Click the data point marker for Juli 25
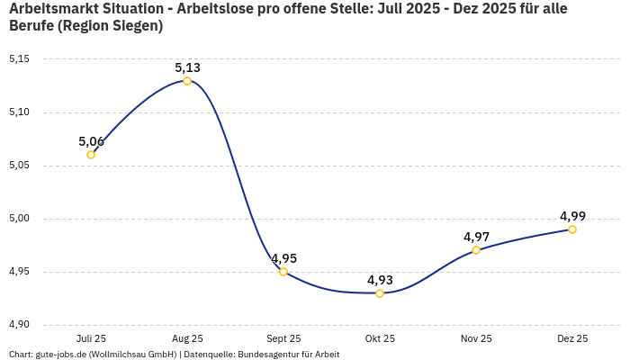tap(91, 155)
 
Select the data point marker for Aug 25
tap(187, 81)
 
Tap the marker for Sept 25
tap(283, 272)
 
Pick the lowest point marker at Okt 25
tap(380, 293)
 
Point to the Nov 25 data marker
tap(476, 250)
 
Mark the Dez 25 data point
tap(572, 229)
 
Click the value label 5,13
tap(187, 67)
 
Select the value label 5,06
tap(91, 141)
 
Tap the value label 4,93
tap(380, 280)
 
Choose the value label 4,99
tap(572, 216)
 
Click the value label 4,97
tap(476, 237)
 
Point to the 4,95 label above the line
tap(283, 258)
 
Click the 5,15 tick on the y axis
tap(19, 59)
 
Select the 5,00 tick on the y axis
tap(19, 219)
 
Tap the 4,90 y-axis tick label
tap(19, 325)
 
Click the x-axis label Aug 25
tap(187, 338)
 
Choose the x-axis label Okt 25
tap(380, 338)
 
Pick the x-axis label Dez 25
tap(572, 338)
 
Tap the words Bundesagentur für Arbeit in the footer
tap(288, 355)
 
